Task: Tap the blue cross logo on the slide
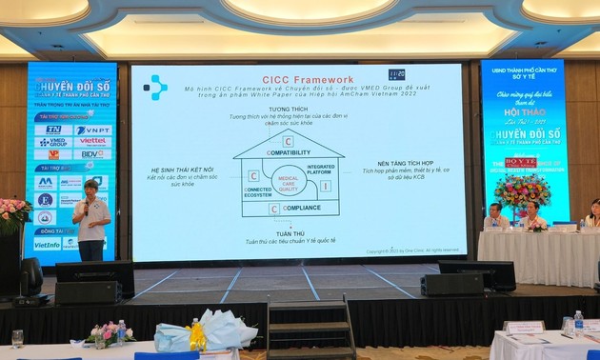[x=155, y=88]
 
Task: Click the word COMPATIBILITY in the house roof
[x=289, y=152]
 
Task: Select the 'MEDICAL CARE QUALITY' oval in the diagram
[x=288, y=182]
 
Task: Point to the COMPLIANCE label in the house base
[x=301, y=208]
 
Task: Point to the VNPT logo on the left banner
[x=93, y=130]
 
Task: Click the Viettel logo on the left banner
[x=93, y=142]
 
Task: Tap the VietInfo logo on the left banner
[x=47, y=244]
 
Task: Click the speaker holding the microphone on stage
[x=90, y=219]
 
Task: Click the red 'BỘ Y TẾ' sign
[x=521, y=164]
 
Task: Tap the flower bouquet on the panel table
[x=522, y=191]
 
